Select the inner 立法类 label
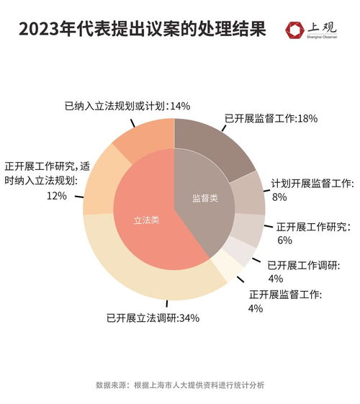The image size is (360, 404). point(147,220)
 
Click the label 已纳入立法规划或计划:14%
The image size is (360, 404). point(127,106)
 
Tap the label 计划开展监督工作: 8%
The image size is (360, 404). point(310,189)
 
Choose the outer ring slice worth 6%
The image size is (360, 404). point(246,230)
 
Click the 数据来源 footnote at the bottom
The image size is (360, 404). point(179,385)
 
